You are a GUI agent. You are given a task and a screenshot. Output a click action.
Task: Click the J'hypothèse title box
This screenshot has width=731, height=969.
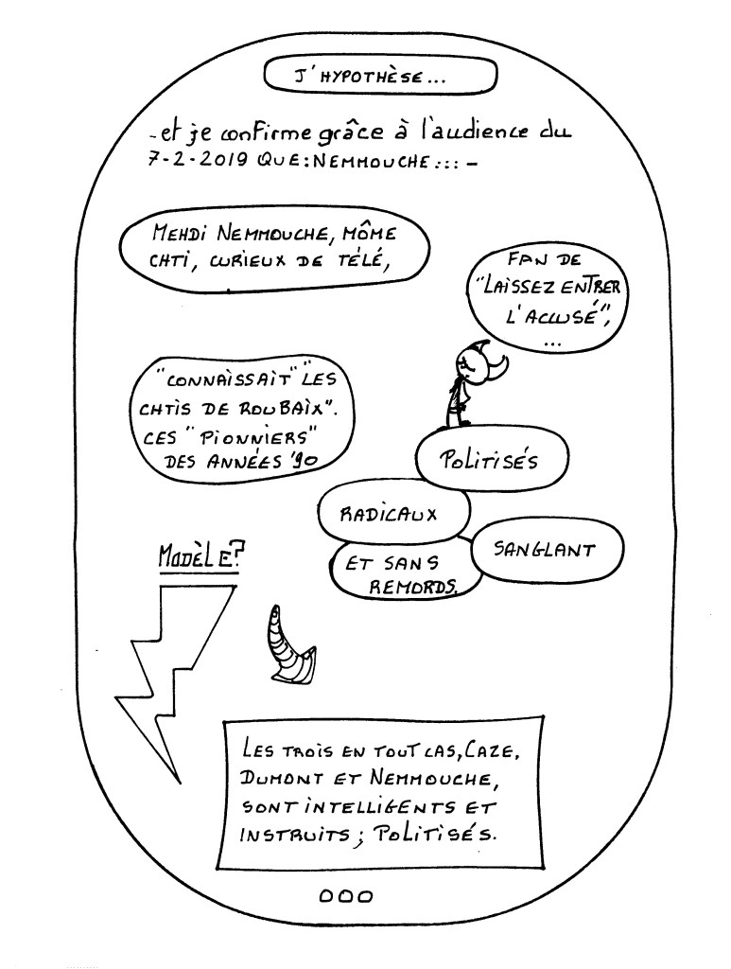(380, 75)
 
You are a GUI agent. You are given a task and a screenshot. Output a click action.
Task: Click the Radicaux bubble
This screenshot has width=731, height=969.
(393, 515)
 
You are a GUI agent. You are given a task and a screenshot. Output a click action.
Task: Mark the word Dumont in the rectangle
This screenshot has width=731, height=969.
(285, 781)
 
